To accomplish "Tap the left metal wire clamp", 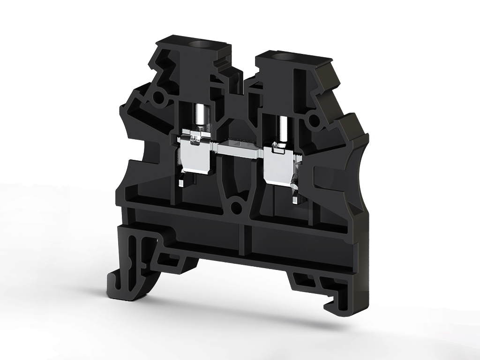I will coord(196,155).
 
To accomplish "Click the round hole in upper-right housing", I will coord(312,121).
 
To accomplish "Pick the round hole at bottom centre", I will coord(237,205).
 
